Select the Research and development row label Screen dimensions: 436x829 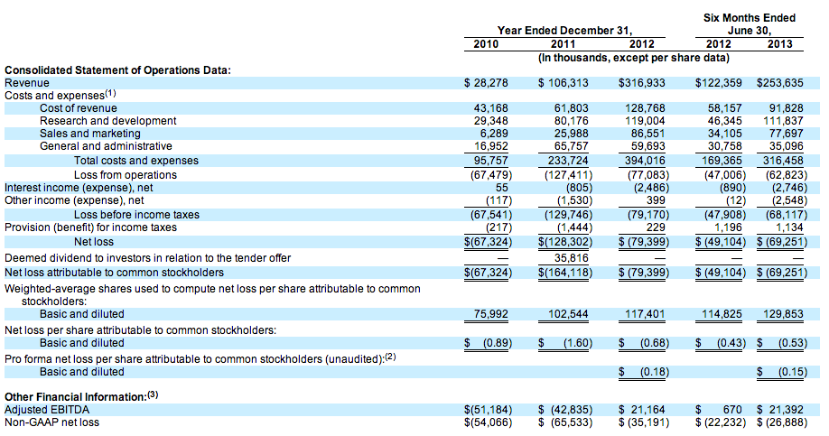pyautogui.click(x=107, y=121)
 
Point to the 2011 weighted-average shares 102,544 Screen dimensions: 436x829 pyautogui.click(x=569, y=314)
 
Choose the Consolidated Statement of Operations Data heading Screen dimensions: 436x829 pyautogui.click(x=117, y=70)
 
